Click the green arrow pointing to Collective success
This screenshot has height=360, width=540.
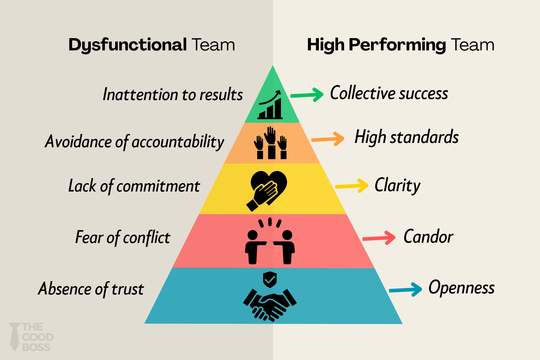click(307, 95)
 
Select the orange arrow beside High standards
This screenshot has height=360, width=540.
click(328, 139)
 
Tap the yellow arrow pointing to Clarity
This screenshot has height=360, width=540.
click(352, 186)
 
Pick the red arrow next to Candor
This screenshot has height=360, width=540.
click(379, 238)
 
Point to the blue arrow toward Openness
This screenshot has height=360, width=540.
click(406, 289)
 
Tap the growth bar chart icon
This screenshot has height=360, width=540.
click(270, 105)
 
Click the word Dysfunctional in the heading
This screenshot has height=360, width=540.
click(127, 45)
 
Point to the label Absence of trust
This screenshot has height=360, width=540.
click(91, 289)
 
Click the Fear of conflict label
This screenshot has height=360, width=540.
click(123, 238)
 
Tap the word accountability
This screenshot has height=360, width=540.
click(178, 142)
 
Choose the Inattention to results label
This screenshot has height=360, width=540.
click(173, 95)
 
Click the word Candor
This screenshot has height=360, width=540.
click(428, 237)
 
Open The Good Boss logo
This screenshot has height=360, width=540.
click(31, 337)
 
